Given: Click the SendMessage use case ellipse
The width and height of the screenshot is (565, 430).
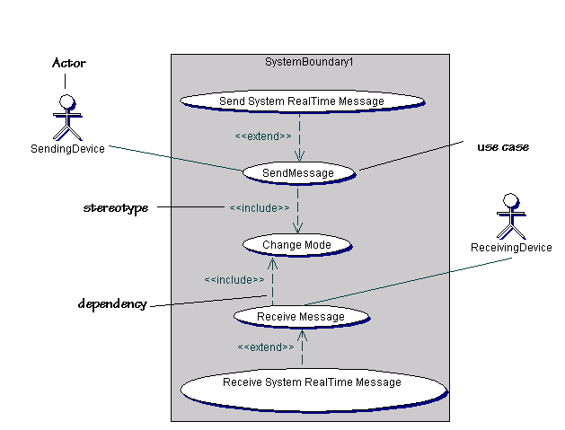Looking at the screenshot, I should point(299,172).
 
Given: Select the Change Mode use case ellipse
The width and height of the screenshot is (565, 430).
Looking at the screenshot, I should point(296,245).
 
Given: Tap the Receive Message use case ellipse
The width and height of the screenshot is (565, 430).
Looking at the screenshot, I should point(301,316).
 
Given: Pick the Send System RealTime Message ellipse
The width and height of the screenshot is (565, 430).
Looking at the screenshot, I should point(301,101).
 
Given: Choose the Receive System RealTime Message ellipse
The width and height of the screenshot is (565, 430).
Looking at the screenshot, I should point(312,383).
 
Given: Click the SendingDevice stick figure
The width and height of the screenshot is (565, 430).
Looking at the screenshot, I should point(66,115).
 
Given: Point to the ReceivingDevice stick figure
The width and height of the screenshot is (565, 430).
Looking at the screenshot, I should point(510,214).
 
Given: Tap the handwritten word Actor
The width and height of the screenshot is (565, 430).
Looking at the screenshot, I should point(68,63).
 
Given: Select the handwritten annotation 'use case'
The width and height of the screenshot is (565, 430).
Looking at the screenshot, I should point(502,146).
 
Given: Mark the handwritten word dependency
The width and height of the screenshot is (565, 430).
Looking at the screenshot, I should point(112,304).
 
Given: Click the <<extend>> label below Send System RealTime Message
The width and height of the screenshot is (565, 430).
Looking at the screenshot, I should point(262,136).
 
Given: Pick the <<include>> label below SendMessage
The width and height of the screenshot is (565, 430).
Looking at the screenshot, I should point(259,208).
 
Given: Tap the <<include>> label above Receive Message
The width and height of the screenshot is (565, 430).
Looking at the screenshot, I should point(234,279).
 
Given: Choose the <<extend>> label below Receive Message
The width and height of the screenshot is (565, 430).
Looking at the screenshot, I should point(266,347).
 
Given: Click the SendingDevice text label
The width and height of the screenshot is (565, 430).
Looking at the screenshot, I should point(67,149).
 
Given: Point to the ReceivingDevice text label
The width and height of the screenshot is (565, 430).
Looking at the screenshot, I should point(511,248).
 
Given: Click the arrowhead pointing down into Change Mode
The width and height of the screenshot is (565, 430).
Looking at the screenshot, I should point(298,229).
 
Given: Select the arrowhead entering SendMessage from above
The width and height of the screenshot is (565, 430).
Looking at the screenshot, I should point(299,155).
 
